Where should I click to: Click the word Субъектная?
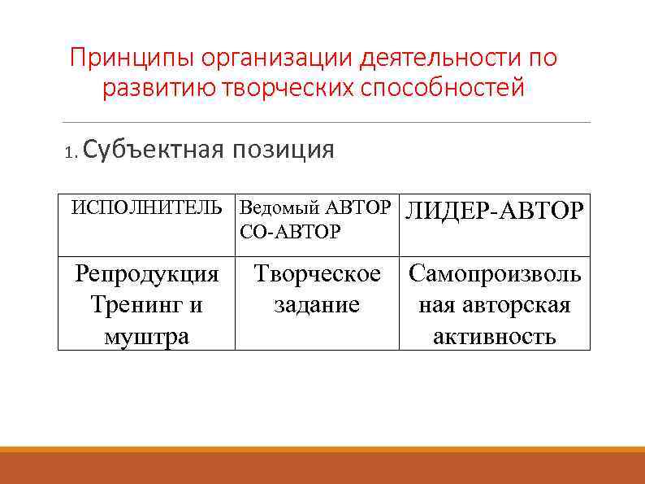tap(152, 150)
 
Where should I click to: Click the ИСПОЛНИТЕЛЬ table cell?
tap(146, 207)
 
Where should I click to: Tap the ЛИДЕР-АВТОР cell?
tap(494, 211)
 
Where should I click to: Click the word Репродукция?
tap(147, 274)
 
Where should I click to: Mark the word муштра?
tap(147, 336)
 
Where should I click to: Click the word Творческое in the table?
tap(317, 274)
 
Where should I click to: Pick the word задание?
tap(317, 305)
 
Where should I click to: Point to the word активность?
tap(495, 336)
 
